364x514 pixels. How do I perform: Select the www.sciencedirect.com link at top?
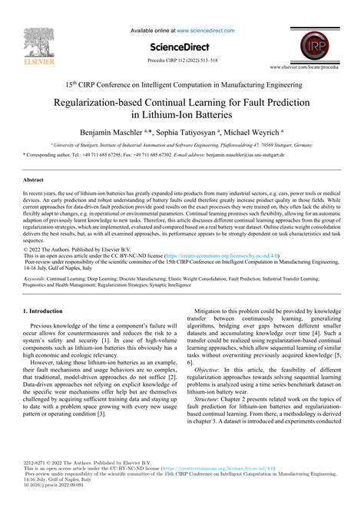pos(212,29)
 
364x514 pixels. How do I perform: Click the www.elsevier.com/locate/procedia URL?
pos(314,68)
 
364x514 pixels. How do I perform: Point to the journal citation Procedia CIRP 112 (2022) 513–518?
pos(182,58)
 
